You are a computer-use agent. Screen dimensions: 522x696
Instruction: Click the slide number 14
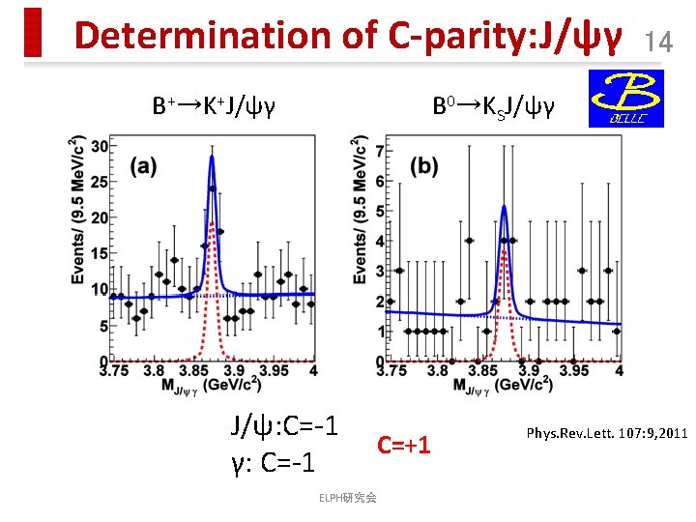point(658,41)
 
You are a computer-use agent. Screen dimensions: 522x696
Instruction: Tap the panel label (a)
point(145,166)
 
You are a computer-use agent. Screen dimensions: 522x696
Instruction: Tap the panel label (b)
point(424,165)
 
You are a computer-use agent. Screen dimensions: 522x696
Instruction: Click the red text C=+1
point(403,445)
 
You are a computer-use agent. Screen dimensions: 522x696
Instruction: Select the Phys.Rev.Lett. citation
point(605,432)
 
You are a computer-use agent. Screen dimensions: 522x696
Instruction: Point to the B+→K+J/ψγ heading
point(214,105)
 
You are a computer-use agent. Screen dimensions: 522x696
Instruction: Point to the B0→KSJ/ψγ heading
point(493,105)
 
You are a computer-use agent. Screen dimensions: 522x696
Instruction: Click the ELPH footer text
point(349,498)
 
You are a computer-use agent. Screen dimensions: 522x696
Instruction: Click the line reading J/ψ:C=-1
point(283,425)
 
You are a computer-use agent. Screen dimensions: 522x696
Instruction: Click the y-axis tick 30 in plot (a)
point(100,146)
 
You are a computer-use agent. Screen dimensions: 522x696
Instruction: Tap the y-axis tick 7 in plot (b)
point(379,152)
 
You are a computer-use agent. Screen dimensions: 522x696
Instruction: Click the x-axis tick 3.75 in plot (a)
point(114,370)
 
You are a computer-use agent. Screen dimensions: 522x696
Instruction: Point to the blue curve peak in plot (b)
point(503,206)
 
